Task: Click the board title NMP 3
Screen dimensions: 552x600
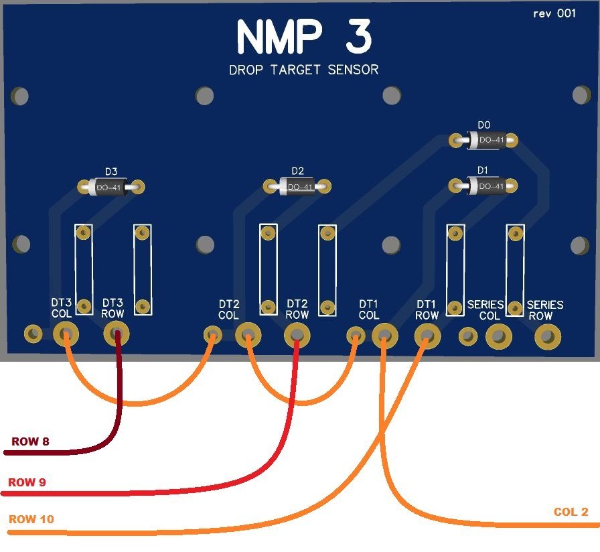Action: point(303,37)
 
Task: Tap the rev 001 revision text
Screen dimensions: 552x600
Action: point(554,13)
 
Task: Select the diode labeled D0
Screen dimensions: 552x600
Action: point(484,141)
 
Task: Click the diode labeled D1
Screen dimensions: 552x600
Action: point(484,186)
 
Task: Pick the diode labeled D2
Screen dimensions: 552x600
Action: point(297,186)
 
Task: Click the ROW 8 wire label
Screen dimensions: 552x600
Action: point(30,442)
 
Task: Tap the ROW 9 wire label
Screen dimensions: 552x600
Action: point(27,482)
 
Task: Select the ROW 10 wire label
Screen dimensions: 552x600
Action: point(31,520)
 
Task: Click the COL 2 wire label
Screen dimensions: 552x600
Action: point(571,512)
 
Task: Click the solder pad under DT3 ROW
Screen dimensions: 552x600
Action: point(117,334)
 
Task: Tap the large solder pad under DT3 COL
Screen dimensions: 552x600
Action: point(66,334)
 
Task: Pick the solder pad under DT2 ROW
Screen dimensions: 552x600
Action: point(297,334)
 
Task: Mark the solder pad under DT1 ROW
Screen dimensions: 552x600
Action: point(427,334)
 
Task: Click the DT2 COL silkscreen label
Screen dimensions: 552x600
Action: point(228,309)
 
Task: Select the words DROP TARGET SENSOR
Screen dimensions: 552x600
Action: point(303,70)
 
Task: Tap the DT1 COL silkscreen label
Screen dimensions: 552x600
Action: point(369,309)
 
